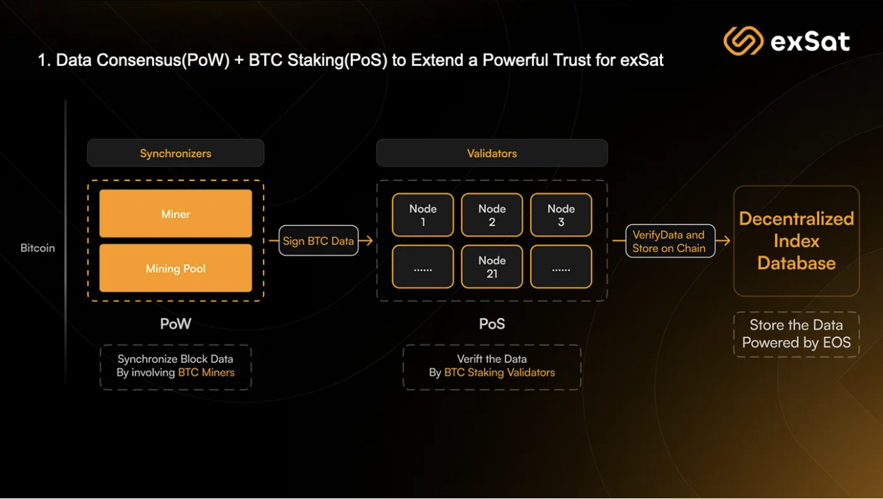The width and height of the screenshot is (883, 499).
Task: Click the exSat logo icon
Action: (x=743, y=41)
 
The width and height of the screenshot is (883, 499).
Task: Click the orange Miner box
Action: (x=175, y=214)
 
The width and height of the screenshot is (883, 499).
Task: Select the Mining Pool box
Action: (x=175, y=268)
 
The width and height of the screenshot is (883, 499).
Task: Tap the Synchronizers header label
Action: (x=175, y=153)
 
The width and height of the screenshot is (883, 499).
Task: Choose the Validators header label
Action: (x=492, y=153)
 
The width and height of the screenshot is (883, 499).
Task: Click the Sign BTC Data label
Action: (x=318, y=241)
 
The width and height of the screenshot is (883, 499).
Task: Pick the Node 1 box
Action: (x=423, y=215)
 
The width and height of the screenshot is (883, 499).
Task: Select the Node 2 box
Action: (x=492, y=215)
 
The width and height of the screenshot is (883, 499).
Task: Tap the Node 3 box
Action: (x=561, y=215)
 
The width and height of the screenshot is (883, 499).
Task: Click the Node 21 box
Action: (x=492, y=266)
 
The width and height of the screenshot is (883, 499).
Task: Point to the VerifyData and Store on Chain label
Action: (x=669, y=241)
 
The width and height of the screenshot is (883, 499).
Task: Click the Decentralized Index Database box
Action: (x=796, y=241)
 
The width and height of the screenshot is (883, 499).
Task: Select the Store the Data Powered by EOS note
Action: (x=796, y=334)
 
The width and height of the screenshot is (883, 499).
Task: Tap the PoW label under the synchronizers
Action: (x=175, y=324)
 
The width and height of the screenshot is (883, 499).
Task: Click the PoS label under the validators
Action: (x=492, y=324)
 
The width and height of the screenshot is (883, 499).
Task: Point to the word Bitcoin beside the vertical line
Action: (x=38, y=248)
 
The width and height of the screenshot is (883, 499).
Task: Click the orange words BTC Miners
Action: (x=206, y=373)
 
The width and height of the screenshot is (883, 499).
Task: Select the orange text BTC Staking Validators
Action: (x=500, y=373)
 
